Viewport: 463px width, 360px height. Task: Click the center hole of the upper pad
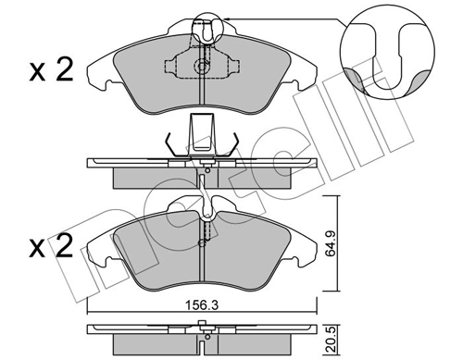coord(203,68)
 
